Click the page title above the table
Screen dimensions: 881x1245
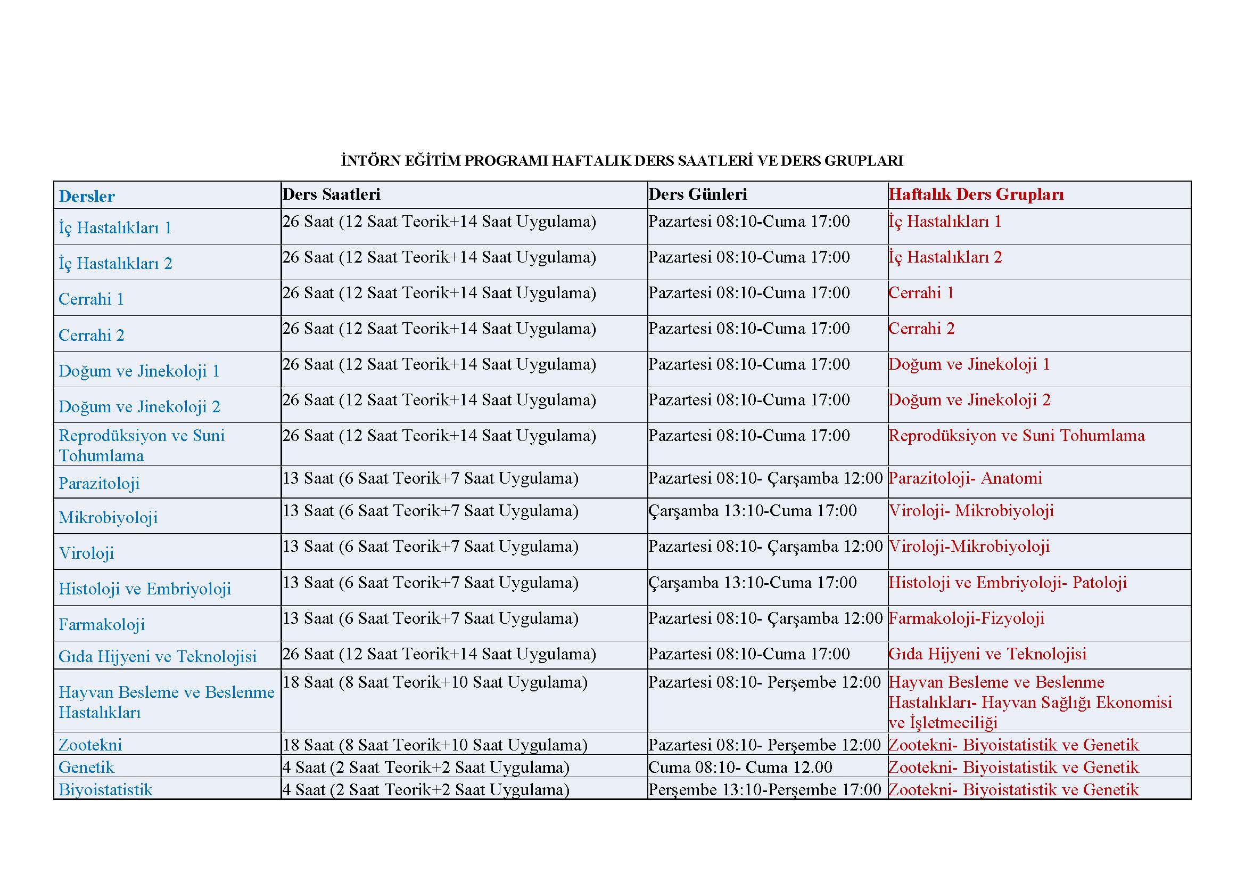coord(622,160)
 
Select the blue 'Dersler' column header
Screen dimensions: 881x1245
coord(87,197)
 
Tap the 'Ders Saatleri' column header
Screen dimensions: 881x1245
coord(331,194)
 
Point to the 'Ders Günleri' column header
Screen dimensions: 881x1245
coord(698,194)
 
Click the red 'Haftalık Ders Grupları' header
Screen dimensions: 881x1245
coord(976,194)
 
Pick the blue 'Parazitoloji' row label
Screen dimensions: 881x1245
coord(99,483)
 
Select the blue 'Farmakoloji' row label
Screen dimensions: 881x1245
coord(102,624)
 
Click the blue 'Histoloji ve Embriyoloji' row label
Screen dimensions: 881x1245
coord(145,589)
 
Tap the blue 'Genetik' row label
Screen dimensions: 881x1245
coord(87,767)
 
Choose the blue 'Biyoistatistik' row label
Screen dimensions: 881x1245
coord(106,789)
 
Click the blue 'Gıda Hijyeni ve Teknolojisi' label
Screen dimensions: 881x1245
coord(158,656)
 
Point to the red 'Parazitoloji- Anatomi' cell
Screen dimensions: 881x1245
coord(966,478)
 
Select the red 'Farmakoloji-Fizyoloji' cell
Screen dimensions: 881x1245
coord(967,618)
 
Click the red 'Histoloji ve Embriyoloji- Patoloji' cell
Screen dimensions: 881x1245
coord(1008,583)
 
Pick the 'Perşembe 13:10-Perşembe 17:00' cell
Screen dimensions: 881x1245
coord(764,789)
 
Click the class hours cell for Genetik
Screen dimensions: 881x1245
coord(426,767)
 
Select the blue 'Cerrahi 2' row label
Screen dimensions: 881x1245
coord(92,335)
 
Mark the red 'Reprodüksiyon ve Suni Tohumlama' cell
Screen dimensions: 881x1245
coord(1017,436)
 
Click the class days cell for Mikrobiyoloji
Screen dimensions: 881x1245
coord(753,510)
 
